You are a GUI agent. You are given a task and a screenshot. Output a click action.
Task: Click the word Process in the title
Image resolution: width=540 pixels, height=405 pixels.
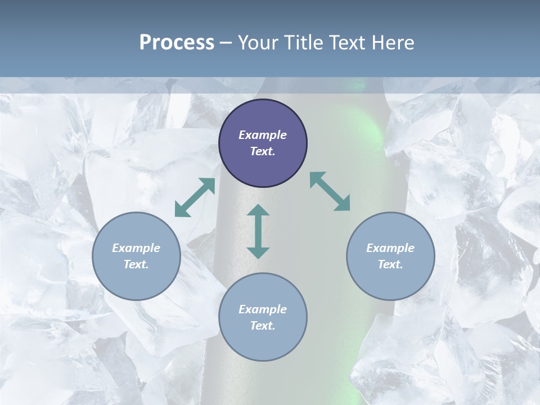pyautogui.click(x=177, y=43)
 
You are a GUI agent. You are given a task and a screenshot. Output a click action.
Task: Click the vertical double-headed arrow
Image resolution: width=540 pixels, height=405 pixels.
pyautogui.click(x=258, y=231)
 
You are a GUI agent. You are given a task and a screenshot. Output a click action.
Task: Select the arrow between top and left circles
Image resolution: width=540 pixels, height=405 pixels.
pyautogui.click(x=195, y=197)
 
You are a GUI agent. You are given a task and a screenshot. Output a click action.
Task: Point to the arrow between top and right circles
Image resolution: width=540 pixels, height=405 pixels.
pyautogui.click(x=330, y=191)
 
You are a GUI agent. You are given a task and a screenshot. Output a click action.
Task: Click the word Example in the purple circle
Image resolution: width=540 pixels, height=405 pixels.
pyautogui.click(x=263, y=135)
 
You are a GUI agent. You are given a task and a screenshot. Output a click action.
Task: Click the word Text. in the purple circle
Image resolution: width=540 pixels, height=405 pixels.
pyautogui.click(x=263, y=151)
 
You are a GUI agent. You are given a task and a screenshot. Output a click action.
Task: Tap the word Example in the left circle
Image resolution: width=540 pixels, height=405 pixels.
pyautogui.click(x=136, y=248)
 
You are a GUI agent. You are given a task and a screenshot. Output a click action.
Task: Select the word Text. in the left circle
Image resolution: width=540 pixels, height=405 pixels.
pyautogui.click(x=136, y=264)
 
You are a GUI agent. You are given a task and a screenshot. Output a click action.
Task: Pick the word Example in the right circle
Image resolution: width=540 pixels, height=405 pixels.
pyautogui.click(x=390, y=248)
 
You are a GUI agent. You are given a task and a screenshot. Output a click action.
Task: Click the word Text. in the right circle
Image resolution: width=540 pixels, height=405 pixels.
pyautogui.click(x=390, y=264)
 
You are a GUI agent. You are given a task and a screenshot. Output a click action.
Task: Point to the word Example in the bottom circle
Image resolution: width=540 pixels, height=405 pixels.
pyautogui.click(x=263, y=309)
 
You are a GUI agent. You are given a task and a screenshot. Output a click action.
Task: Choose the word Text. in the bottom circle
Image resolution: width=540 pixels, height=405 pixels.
pyautogui.click(x=263, y=326)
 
